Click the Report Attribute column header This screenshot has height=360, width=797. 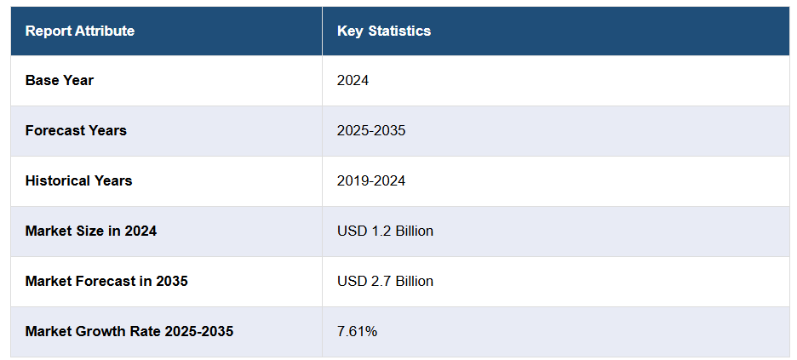pyautogui.click(x=80, y=31)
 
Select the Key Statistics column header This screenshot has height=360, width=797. pyautogui.click(x=384, y=31)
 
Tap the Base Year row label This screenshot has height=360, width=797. pyautogui.click(x=60, y=81)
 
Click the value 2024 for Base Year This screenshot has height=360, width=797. pyautogui.click(x=353, y=81)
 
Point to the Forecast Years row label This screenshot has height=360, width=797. pyautogui.click(x=76, y=131)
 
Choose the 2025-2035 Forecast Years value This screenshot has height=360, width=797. pyautogui.click(x=371, y=131)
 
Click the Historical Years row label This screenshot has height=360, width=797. pyautogui.click(x=78, y=181)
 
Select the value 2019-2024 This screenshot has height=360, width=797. pyautogui.click(x=371, y=181)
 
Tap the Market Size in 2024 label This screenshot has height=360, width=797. pyautogui.click(x=91, y=231)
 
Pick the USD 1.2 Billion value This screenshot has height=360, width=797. pyautogui.click(x=385, y=231)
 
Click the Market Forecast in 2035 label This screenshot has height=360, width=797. pyautogui.click(x=106, y=282)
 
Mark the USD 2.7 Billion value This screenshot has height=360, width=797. pyautogui.click(x=385, y=282)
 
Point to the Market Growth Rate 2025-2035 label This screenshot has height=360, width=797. pyautogui.click(x=129, y=332)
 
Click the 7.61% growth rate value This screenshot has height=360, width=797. pyautogui.click(x=357, y=332)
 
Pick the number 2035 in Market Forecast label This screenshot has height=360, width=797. pyautogui.click(x=171, y=282)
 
